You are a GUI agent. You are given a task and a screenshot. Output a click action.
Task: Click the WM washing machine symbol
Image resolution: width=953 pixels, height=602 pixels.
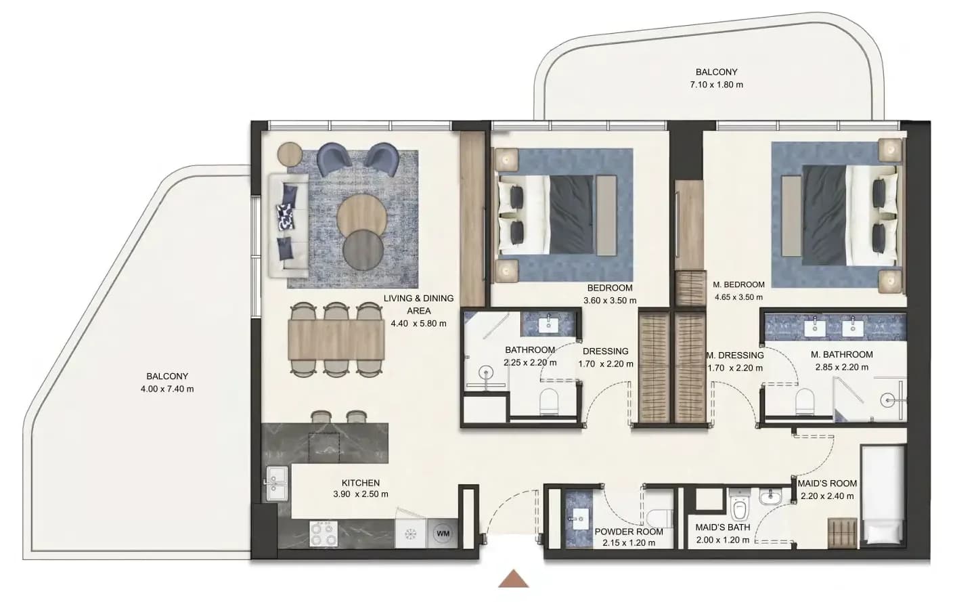coord(443,534)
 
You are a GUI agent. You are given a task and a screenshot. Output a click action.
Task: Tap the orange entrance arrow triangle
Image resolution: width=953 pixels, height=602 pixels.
coord(514,579)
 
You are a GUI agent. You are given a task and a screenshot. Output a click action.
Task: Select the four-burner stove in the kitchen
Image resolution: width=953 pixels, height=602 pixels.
coord(324,534)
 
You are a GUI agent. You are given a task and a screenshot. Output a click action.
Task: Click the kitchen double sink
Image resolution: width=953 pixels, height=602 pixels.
coord(277,483)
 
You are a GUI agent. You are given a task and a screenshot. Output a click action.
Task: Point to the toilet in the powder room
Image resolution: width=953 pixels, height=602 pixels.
coord(659,519)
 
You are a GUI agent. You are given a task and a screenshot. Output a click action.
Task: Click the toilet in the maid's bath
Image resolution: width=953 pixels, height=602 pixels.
coord(740,507)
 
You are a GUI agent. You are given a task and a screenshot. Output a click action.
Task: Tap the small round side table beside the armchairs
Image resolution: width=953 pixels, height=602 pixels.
coord(290,153)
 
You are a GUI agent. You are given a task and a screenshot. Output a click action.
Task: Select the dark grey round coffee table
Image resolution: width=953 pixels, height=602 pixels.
coord(363,250)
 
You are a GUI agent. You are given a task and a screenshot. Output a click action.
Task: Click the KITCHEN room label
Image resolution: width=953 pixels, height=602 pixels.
coord(360,483)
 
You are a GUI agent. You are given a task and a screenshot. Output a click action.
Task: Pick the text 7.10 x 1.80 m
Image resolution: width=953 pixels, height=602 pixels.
coord(717,85)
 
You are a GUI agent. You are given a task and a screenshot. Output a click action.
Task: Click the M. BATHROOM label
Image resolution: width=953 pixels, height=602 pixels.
coord(841,354)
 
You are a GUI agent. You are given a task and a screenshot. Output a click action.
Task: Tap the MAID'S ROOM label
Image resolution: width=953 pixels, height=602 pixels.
coord(827,483)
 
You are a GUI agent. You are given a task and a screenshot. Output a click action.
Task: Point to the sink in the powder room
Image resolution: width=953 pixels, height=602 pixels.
coord(578,519)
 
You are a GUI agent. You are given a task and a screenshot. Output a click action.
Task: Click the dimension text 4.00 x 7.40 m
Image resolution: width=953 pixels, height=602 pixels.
coord(167,389)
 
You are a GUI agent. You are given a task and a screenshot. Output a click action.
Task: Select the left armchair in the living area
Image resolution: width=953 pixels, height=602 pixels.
coord(334,159)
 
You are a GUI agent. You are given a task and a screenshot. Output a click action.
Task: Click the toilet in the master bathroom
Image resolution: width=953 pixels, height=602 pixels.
coord(805,401)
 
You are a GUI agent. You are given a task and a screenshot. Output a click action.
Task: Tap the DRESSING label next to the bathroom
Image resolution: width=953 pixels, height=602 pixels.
coord(605,351)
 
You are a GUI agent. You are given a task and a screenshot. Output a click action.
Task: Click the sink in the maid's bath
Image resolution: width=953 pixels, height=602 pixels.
coord(770,496)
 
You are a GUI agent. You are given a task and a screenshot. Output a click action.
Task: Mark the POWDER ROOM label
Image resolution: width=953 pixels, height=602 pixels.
coord(629,532)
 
